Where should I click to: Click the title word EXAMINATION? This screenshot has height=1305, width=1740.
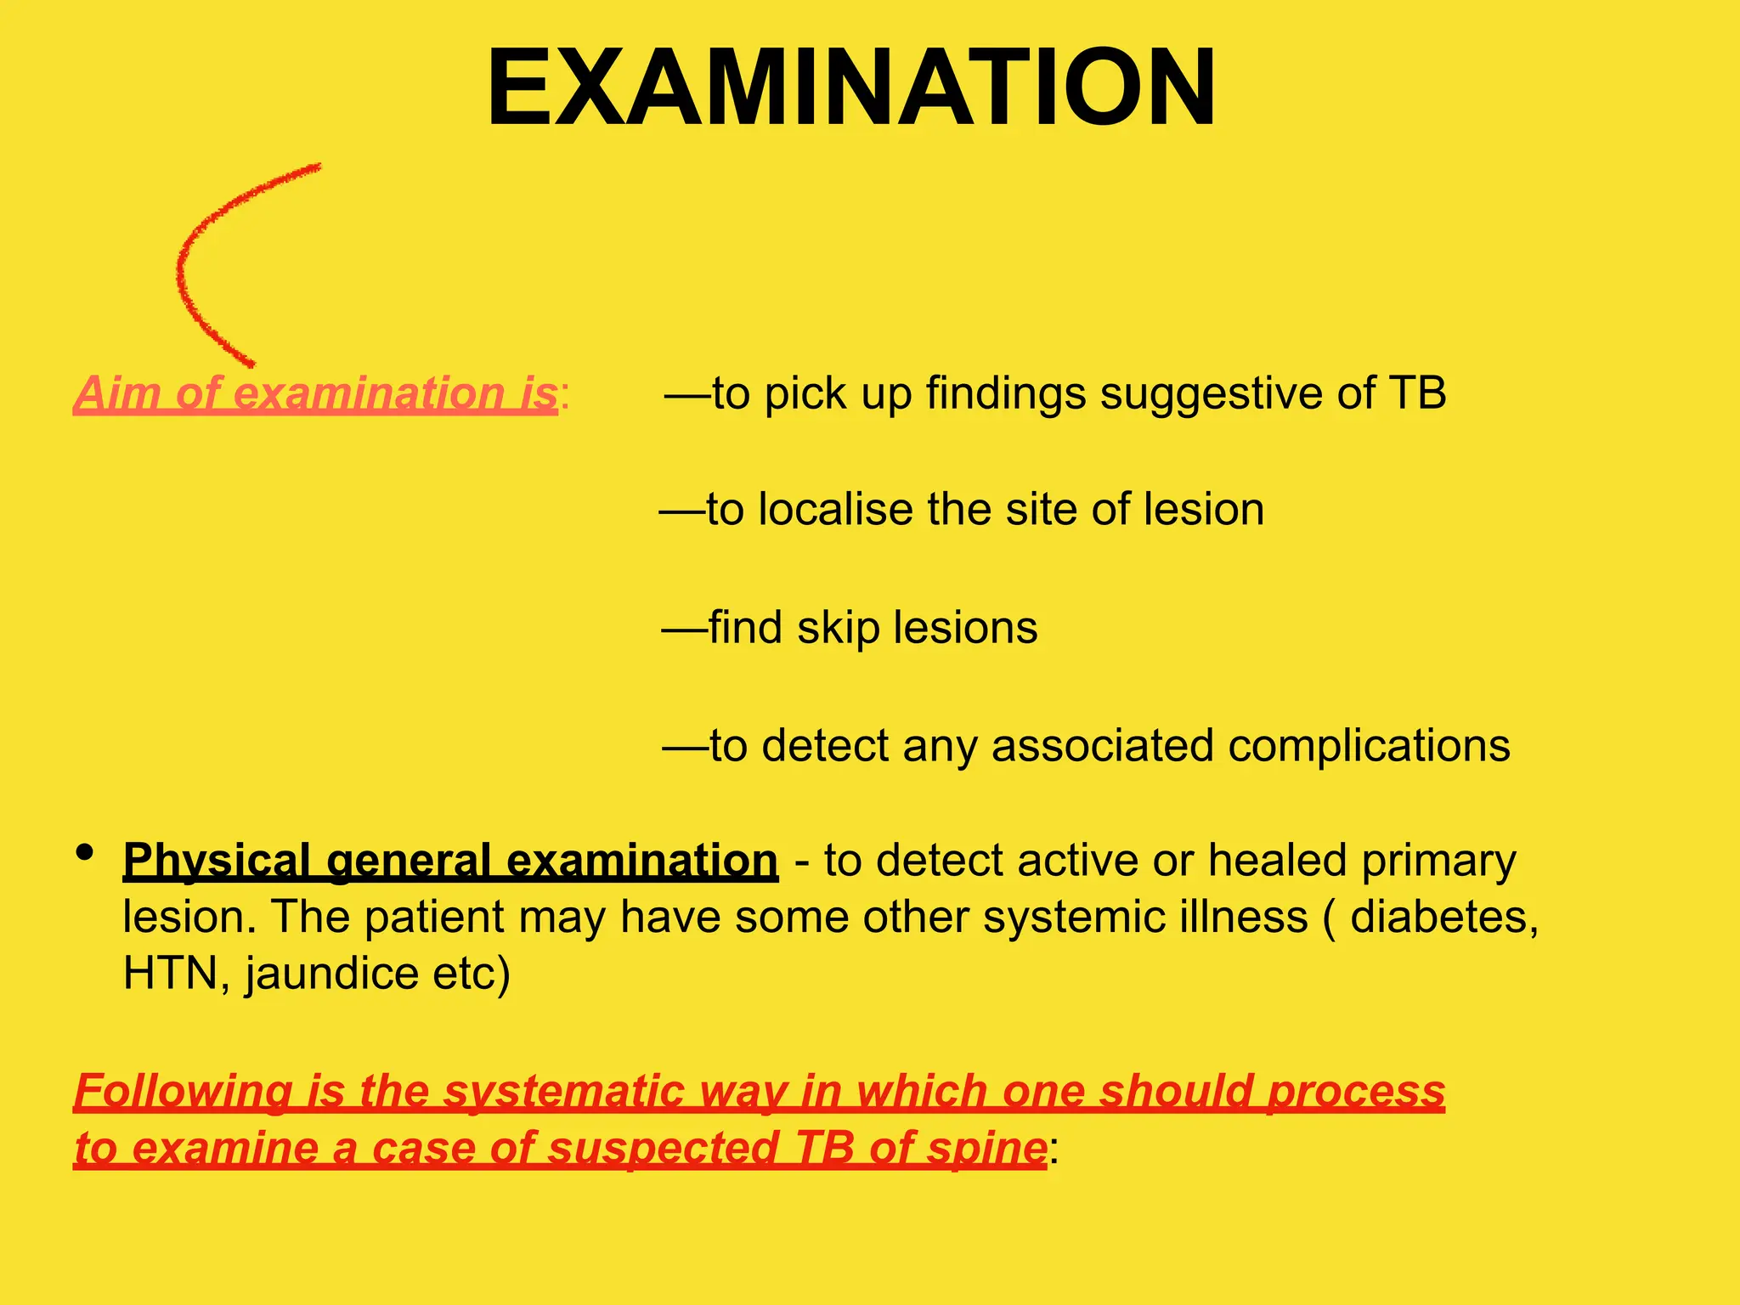851,89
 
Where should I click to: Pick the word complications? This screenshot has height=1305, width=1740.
1369,747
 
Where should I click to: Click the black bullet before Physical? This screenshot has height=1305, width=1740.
84,852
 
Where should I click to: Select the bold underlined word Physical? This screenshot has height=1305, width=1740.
217,862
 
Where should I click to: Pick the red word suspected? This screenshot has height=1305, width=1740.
664,1149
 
